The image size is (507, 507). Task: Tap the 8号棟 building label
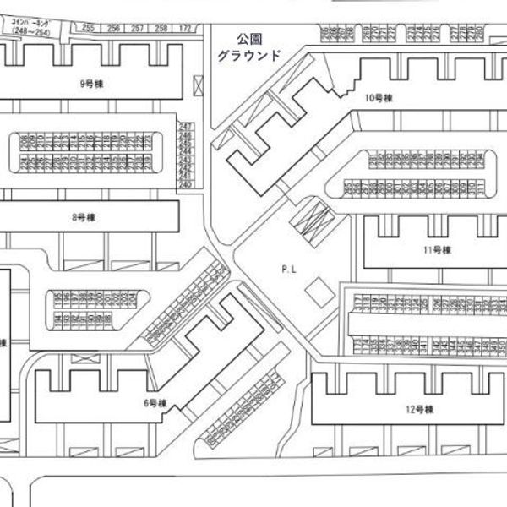coord(84,217)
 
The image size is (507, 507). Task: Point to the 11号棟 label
coord(439,249)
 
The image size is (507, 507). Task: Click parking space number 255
coord(89,28)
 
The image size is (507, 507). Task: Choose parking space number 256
coord(113,28)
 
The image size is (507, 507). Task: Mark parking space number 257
coord(138,28)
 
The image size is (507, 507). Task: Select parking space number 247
coord(187,127)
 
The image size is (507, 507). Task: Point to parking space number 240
coord(187,184)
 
